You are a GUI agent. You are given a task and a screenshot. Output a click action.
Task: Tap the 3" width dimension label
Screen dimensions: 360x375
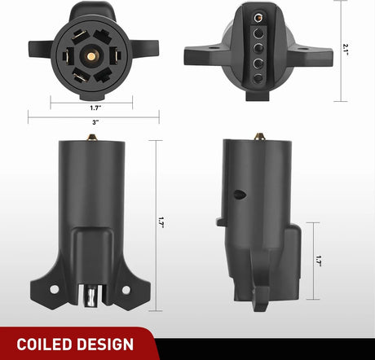[95, 121]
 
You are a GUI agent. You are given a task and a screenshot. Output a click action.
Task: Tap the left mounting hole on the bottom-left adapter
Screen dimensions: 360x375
[55, 288]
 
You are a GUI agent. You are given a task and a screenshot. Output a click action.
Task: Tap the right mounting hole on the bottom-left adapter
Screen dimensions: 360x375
[126, 288]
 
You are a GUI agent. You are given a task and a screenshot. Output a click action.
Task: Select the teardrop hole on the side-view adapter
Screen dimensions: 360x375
[238, 195]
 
